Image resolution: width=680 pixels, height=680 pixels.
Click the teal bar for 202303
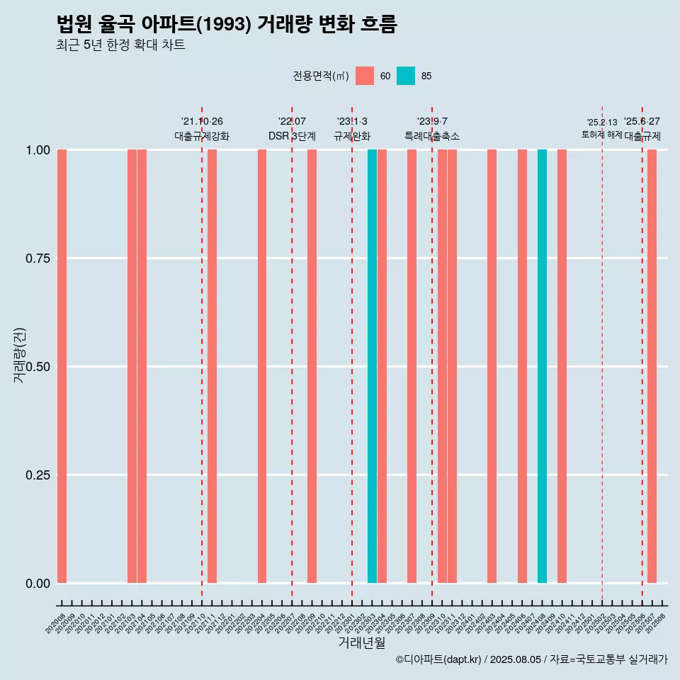[x=372, y=366]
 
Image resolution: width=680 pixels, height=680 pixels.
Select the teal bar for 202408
[x=542, y=366]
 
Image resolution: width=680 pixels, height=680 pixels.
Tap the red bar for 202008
[x=62, y=366]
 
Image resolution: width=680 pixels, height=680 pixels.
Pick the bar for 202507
[x=652, y=366]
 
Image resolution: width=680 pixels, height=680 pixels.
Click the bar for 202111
[x=212, y=366]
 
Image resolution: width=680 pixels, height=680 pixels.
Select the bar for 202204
[x=262, y=366]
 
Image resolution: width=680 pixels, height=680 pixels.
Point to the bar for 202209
[x=312, y=366]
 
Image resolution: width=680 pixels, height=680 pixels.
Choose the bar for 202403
[x=492, y=366]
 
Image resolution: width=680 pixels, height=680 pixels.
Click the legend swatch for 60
[x=365, y=76]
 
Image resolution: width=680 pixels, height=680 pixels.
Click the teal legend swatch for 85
[x=406, y=76]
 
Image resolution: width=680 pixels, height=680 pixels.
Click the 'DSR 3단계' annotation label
[x=292, y=136]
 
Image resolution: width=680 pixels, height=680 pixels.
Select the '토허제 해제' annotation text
[x=601, y=135]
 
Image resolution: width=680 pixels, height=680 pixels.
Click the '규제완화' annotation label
[x=352, y=136]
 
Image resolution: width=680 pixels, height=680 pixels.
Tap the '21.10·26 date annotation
[x=202, y=122]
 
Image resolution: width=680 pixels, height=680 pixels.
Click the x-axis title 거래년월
[x=362, y=642]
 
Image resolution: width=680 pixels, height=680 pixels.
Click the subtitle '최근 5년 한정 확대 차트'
[x=120, y=45]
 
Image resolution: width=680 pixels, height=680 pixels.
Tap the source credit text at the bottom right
[x=531, y=659]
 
